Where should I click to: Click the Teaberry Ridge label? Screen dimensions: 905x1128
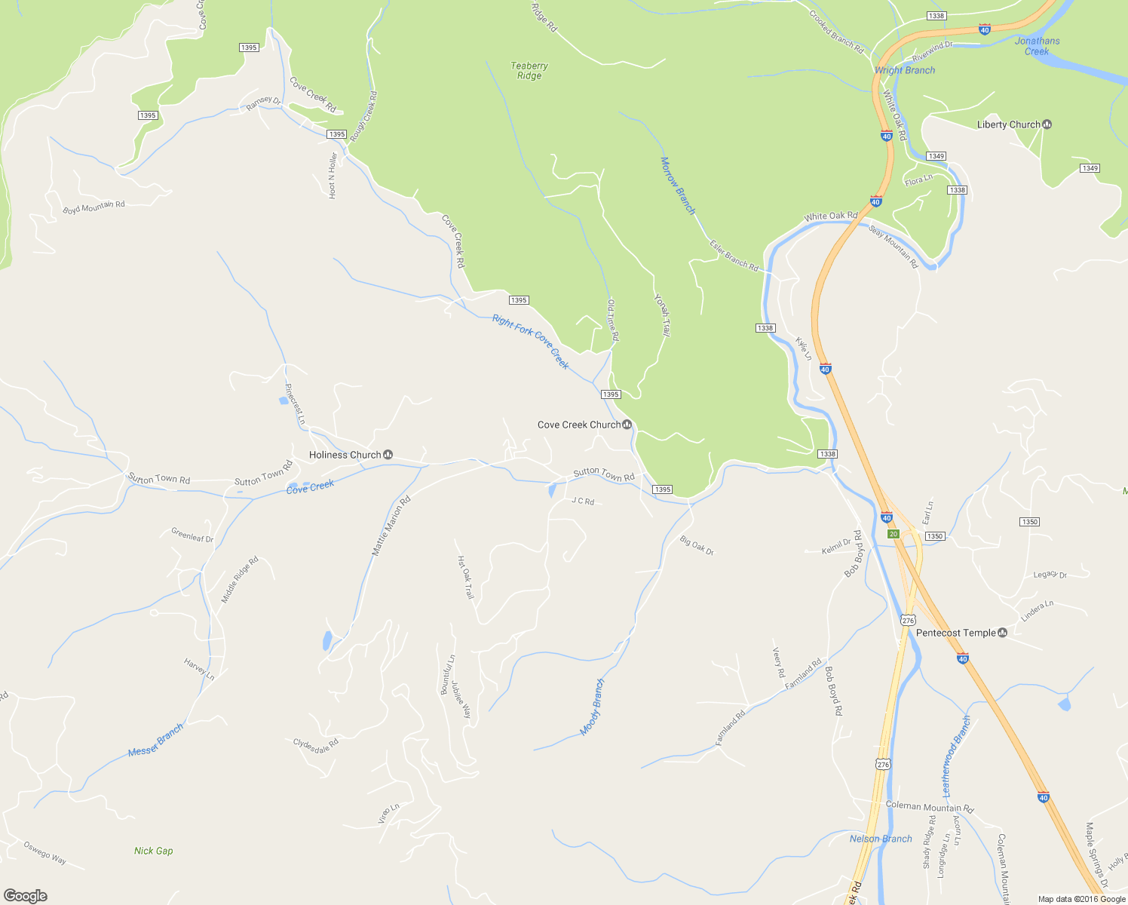coord(529,71)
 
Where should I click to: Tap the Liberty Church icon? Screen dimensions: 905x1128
coord(1047,124)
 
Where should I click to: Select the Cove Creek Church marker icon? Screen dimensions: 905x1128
coord(627,425)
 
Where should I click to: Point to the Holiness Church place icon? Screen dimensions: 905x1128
coord(388,455)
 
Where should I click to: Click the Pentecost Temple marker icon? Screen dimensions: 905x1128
coord(1002,633)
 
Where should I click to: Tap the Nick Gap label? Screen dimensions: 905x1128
coord(154,851)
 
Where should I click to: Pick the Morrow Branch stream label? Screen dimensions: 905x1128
coord(678,186)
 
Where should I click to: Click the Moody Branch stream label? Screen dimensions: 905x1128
coord(593,707)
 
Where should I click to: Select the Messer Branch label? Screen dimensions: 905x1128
coord(155,741)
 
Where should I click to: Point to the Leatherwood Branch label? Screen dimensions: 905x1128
coord(957,756)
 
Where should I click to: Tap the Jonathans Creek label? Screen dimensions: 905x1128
coord(1037,46)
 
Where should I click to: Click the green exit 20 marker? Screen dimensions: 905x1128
coord(894,534)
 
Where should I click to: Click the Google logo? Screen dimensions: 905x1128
coord(26,896)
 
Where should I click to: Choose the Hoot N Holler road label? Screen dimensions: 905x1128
coord(333,176)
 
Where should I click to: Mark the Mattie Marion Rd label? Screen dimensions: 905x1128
coord(391,526)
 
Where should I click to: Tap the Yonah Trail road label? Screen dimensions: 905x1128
coord(662,314)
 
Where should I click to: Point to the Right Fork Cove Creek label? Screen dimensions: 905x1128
coord(530,341)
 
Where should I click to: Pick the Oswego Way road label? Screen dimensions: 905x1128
coord(45,853)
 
